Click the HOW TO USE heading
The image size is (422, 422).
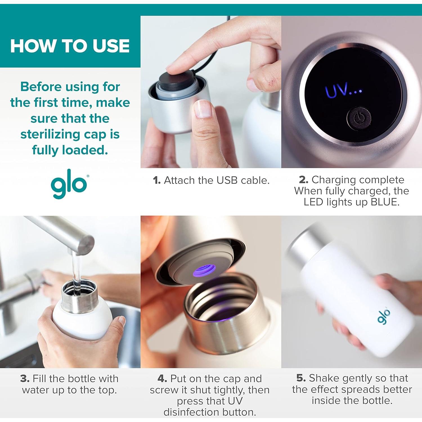tap(70, 46)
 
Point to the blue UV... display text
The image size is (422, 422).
tap(343, 90)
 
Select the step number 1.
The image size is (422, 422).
tap(156, 180)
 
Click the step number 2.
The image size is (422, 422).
tap(303, 179)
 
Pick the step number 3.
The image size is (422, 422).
tap(25, 379)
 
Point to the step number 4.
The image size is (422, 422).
tap(162, 379)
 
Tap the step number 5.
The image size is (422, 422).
tap(301, 378)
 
